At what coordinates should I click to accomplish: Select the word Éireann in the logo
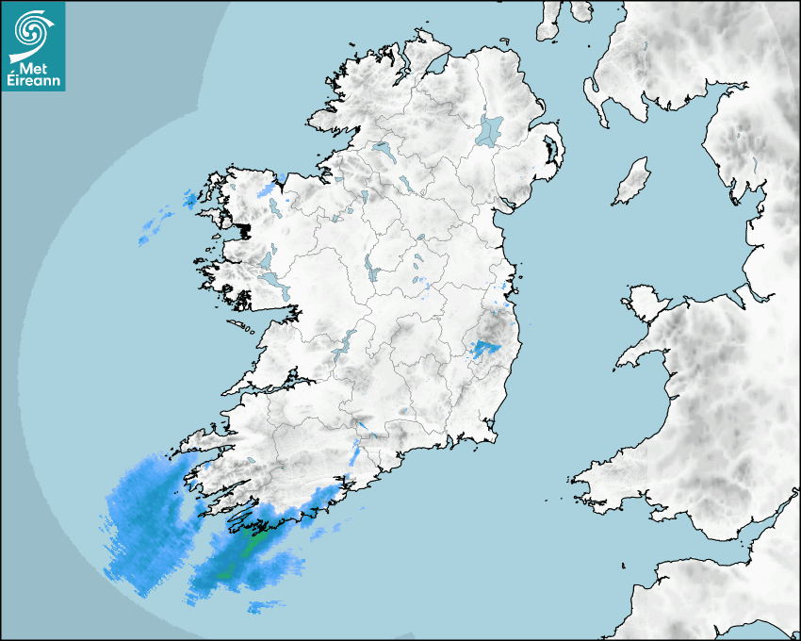coord(32,81)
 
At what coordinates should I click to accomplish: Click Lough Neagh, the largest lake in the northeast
coord(490,129)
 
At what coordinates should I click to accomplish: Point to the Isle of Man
coord(632,181)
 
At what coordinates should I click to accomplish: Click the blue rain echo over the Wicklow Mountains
coord(485,350)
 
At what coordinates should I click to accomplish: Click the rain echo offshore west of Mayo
coord(155,227)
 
